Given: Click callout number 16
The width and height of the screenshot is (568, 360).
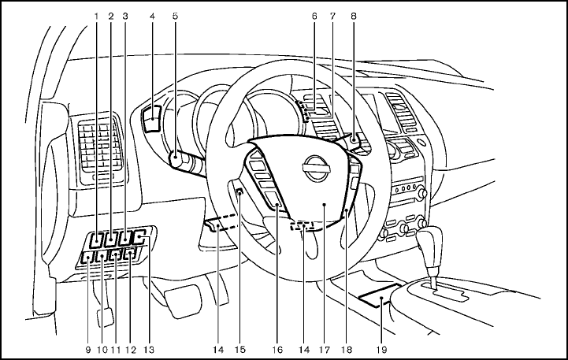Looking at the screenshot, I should point(277,347).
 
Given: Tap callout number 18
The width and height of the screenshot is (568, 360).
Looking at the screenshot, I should point(345,347).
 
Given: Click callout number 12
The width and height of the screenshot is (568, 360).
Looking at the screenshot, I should point(130,347).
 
